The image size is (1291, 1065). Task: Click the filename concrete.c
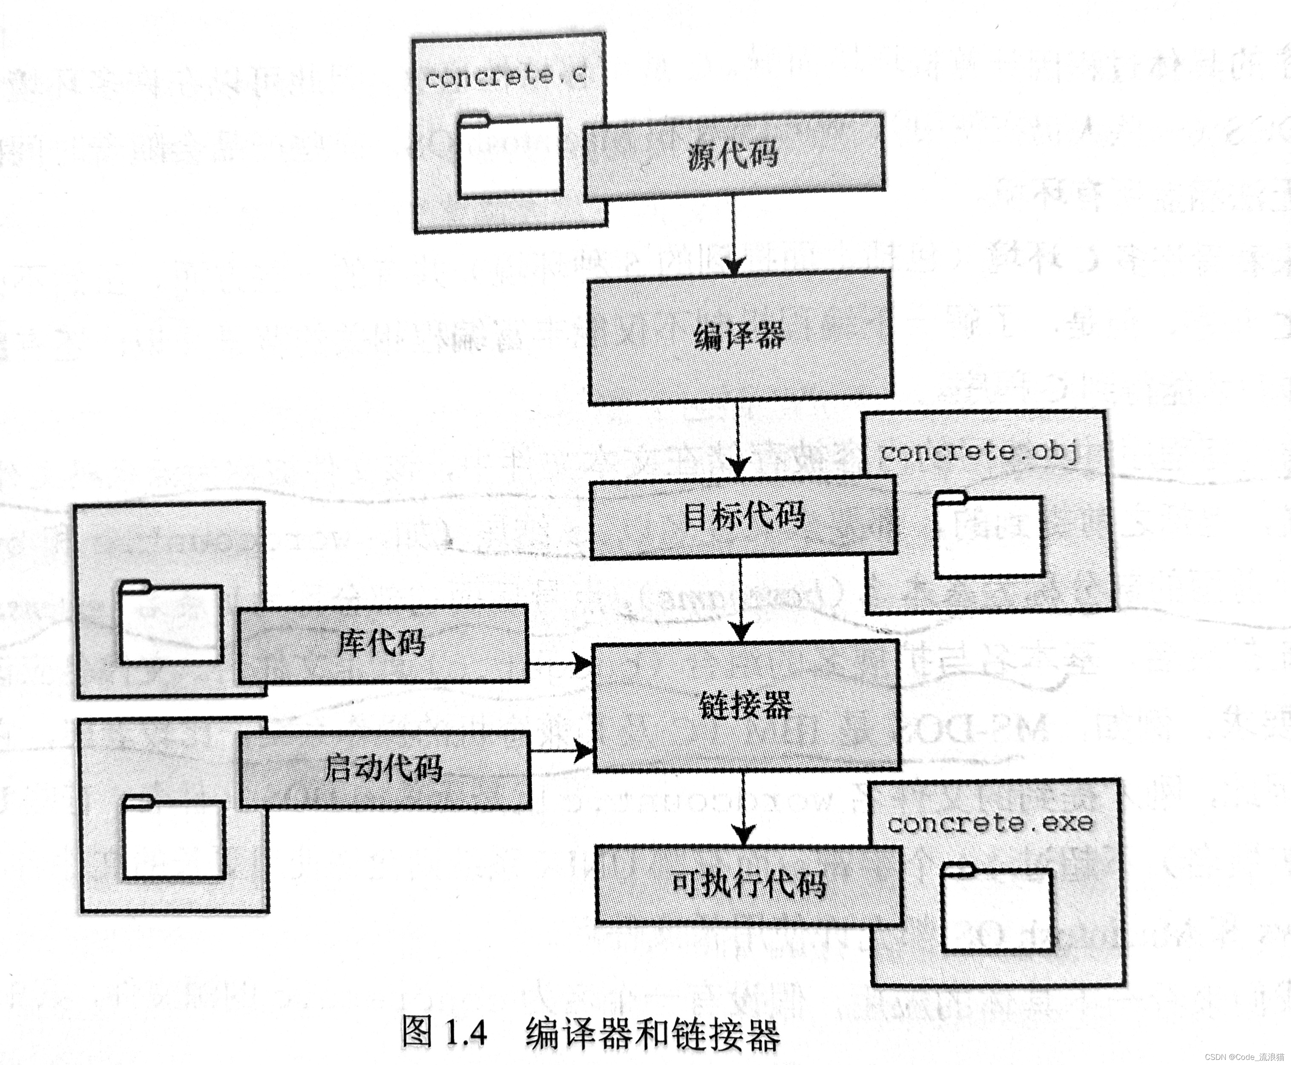(x=505, y=78)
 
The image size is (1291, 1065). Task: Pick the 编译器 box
(x=740, y=337)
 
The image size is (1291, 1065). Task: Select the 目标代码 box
(x=743, y=516)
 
